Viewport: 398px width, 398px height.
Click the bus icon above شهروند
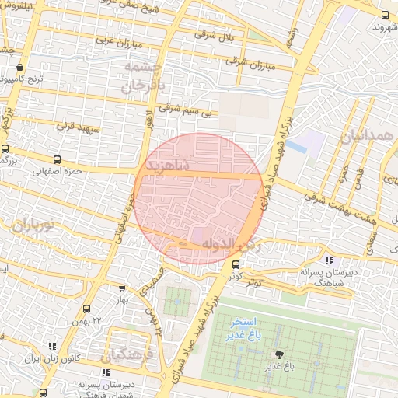(384, 15)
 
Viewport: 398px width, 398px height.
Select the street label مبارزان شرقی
(253, 63)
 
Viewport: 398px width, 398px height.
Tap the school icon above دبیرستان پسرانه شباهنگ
(329, 260)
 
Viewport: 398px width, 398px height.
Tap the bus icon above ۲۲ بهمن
(86, 309)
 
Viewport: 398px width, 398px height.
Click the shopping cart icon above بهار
(121, 287)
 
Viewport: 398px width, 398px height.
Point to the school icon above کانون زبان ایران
(52, 346)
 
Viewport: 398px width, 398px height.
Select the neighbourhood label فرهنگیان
(128, 356)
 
